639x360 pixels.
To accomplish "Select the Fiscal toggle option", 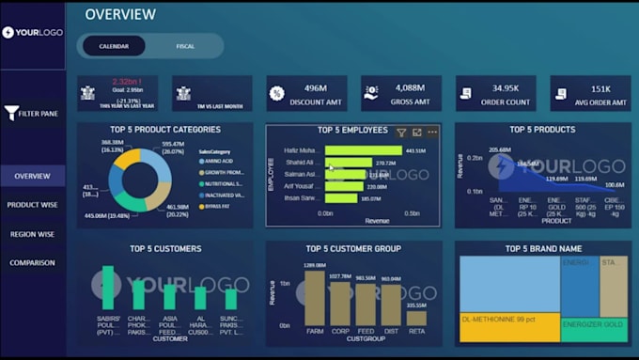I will tap(185, 46).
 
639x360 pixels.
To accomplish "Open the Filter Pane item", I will tap(33, 114).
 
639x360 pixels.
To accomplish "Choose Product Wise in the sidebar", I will tap(33, 204).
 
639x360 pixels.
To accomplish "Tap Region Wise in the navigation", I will tap(33, 234).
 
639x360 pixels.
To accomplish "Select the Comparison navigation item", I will tap(33, 263).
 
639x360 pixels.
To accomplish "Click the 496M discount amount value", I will tap(315, 87).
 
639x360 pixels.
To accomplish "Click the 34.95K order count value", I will tap(511, 87).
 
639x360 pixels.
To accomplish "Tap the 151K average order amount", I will tap(601, 87).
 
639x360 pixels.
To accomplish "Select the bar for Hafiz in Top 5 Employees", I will tap(363, 150).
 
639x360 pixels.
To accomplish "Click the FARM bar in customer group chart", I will tap(314, 299).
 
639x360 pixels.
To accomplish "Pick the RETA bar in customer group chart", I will tap(415, 318).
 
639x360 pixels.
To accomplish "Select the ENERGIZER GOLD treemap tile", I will tap(594, 323).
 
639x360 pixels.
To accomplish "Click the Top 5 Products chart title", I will tap(542, 130).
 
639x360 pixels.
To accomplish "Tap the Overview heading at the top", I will tap(120, 14).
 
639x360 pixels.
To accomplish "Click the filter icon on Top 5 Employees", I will tap(401, 133).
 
